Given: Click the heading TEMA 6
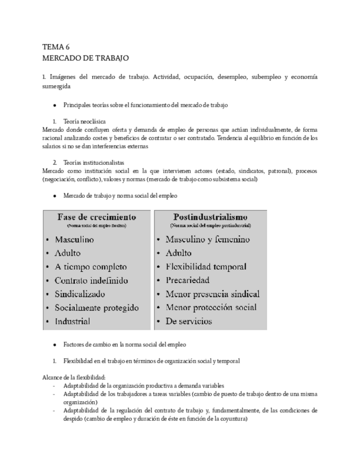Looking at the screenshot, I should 56,47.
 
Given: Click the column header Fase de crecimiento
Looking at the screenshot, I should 97,217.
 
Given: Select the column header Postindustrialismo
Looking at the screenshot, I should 211,217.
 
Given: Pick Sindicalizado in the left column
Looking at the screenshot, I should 79,294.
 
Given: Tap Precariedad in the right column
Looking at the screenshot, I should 196,280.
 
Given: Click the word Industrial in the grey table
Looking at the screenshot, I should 72,321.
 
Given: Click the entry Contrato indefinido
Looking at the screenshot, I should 91,280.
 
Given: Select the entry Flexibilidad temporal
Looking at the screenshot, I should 206,267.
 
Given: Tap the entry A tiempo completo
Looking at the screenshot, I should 91,267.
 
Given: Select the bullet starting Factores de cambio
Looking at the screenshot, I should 124,345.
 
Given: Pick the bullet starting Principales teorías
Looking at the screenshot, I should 145,104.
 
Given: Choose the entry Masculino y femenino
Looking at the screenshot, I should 207,240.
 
